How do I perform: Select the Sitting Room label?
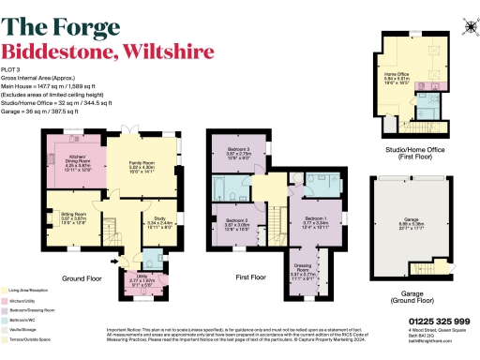(61, 216)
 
